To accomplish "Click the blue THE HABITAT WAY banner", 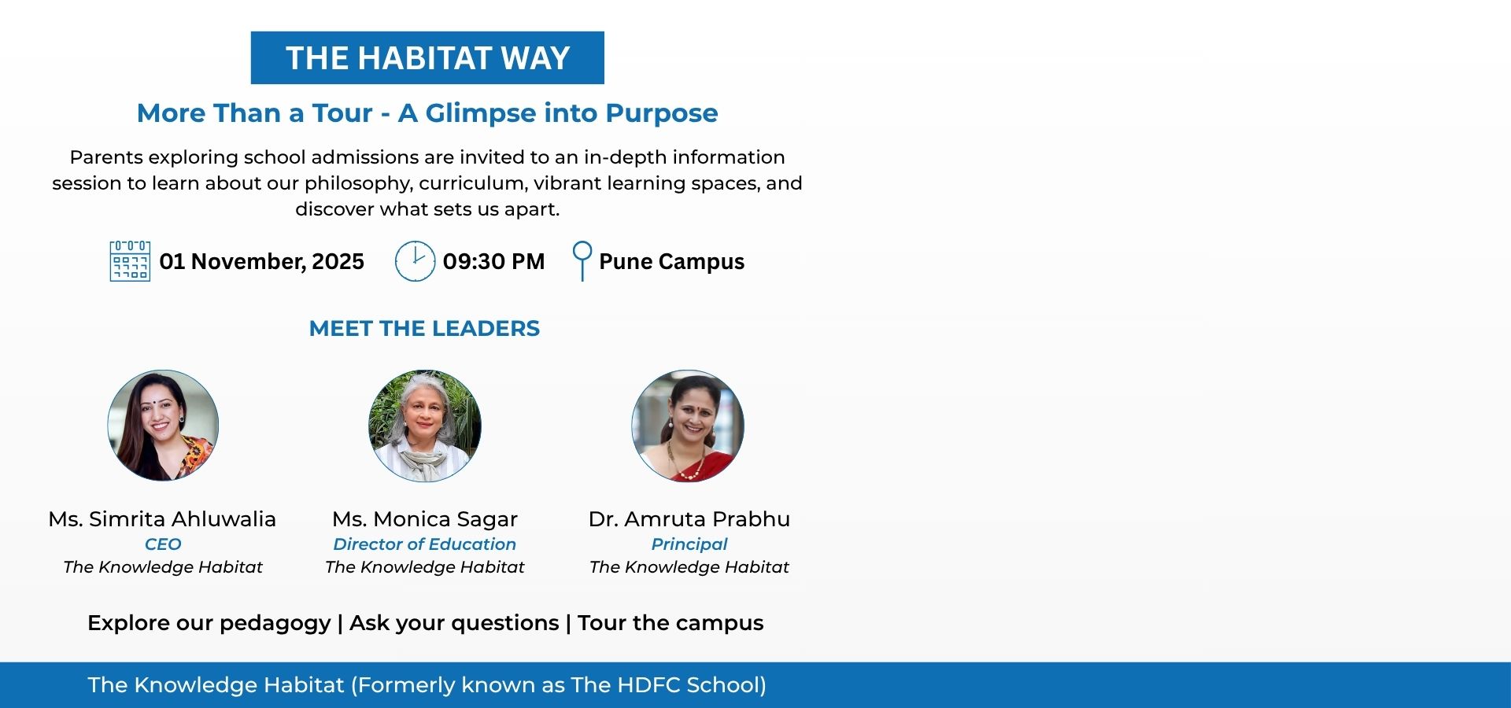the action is (x=427, y=57).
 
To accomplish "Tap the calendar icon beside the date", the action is (x=130, y=261).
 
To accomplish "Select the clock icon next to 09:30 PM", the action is (x=415, y=261).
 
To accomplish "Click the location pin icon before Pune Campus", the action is (x=582, y=261).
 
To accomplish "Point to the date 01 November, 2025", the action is (x=262, y=261).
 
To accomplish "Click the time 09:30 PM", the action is (x=493, y=261).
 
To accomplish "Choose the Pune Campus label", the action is (x=671, y=262).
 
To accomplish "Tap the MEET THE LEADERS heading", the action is (x=424, y=328).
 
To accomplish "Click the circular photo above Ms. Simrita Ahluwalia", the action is (x=163, y=426).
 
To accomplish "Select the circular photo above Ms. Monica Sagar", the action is (x=425, y=426).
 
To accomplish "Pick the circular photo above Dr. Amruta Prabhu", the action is (x=688, y=426).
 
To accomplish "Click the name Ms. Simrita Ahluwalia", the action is (x=162, y=519).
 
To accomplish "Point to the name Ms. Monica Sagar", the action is (x=425, y=519).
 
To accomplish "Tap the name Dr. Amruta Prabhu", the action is (x=689, y=519).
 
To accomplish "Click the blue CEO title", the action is (x=163, y=544).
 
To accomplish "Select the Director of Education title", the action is (x=425, y=544).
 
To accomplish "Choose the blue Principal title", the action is (x=689, y=544).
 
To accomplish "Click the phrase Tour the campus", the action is (x=671, y=623).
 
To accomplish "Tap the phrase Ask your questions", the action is (x=454, y=623).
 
